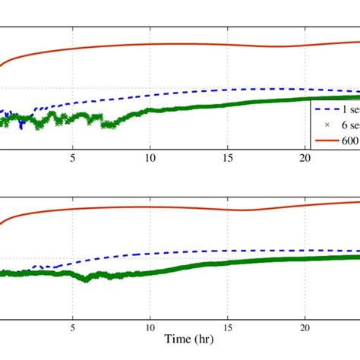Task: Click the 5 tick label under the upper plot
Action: pyautogui.click(x=73, y=158)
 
